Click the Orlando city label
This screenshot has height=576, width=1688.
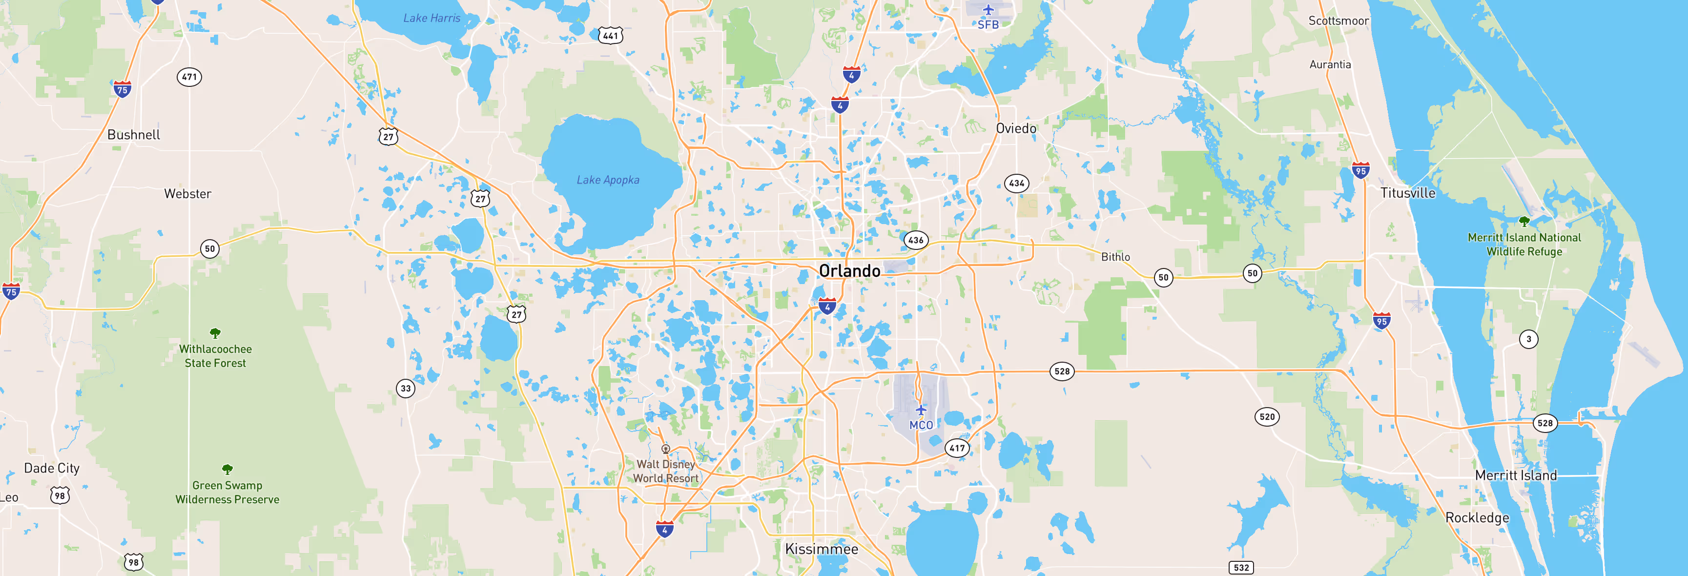pyautogui.click(x=849, y=270)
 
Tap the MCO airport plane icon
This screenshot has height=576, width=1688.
pyautogui.click(x=921, y=410)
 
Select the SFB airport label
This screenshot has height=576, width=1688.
pyautogui.click(x=988, y=25)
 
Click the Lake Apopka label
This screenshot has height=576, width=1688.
pyautogui.click(x=607, y=180)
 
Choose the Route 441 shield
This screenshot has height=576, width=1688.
pyautogui.click(x=610, y=35)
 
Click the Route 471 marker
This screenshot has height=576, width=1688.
pyautogui.click(x=189, y=77)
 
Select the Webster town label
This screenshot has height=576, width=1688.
pyautogui.click(x=187, y=194)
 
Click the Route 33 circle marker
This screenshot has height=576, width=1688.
pyautogui.click(x=406, y=389)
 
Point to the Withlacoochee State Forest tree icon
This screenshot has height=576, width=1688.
pyautogui.click(x=215, y=333)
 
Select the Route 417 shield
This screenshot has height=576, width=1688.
pyautogui.click(x=957, y=448)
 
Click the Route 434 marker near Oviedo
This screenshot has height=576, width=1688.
pyautogui.click(x=1016, y=184)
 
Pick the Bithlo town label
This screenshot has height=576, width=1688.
pyautogui.click(x=1115, y=257)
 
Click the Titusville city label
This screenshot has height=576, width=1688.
pyautogui.click(x=1407, y=193)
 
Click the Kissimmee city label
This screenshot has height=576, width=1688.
pyautogui.click(x=821, y=549)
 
